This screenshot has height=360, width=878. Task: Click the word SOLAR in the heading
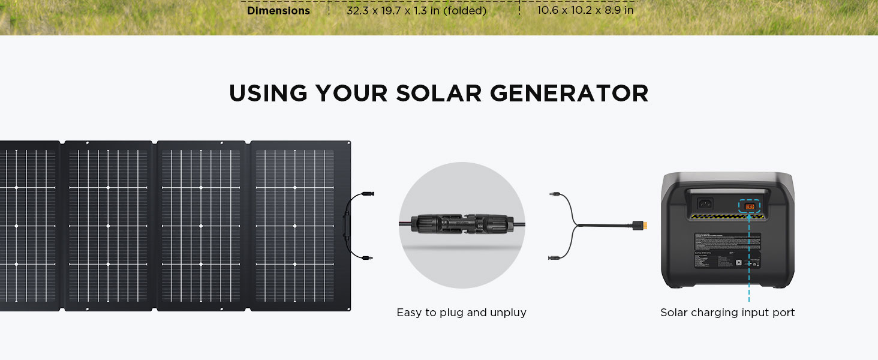(438, 94)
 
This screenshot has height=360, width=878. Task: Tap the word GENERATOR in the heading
(569, 94)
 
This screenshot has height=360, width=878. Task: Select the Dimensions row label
(278, 11)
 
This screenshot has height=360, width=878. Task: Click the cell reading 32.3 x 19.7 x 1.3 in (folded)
(416, 11)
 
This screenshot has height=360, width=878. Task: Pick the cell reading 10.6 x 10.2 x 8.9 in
(585, 11)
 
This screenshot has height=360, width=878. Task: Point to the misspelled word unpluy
(507, 313)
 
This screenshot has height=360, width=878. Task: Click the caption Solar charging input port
(727, 313)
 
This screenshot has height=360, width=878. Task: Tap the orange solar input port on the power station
(749, 206)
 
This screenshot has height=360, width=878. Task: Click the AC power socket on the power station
(704, 204)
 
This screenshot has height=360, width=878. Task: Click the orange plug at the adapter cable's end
(641, 226)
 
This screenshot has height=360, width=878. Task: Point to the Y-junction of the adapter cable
(576, 226)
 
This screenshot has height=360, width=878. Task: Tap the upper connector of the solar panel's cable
(366, 194)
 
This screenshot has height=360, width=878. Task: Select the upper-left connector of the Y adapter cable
(555, 194)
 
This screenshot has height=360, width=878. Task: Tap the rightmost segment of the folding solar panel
(300, 226)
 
